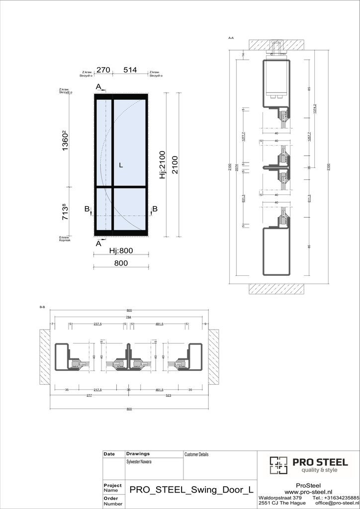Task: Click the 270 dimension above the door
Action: (103, 70)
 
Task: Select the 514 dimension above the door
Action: (130, 70)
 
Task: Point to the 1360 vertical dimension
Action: (65, 142)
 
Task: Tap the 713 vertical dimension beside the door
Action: (65, 211)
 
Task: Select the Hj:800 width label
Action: (121, 251)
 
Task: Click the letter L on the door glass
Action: (121, 165)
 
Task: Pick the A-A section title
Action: (231, 38)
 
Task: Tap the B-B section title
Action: (42, 308)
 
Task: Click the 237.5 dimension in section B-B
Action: (97, 324)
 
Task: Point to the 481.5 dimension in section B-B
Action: (160, 324)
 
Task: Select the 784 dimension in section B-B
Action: (129, 317)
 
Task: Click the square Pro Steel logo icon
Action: (278, 465)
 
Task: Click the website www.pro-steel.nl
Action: (308, 492)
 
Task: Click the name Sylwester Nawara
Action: (139, 462)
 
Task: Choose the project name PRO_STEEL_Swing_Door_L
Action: (189, 490)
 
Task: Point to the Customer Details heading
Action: (196, 454)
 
